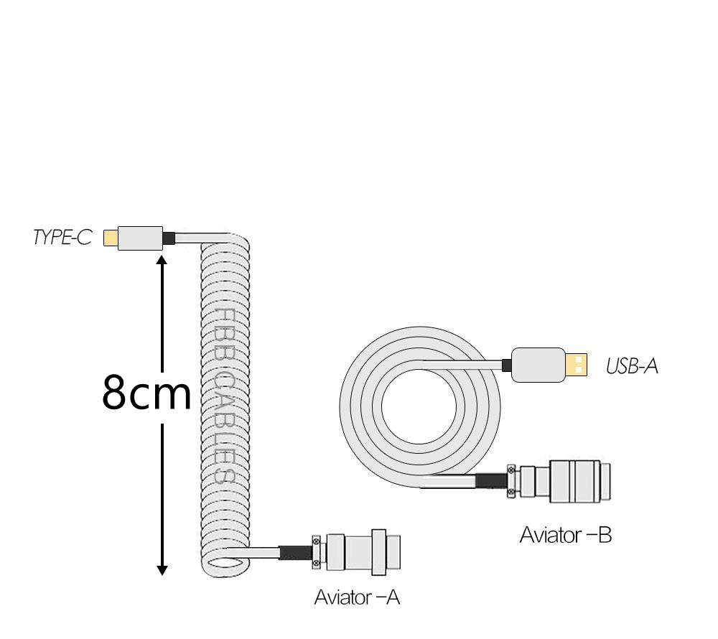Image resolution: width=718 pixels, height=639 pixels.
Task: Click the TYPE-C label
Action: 62,237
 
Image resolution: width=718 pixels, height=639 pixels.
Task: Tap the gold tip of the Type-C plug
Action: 111,238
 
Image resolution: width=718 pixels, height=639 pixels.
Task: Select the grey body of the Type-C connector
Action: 140,238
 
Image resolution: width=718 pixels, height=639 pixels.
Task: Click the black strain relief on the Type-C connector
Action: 169,238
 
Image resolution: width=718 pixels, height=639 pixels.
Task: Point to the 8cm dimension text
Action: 146,392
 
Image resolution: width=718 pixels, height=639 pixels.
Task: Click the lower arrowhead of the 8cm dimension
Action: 162,570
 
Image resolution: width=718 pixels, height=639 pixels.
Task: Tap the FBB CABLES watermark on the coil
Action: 225,396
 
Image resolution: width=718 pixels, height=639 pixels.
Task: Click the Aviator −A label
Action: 357,597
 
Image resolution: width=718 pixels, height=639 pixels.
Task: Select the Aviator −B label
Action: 566,535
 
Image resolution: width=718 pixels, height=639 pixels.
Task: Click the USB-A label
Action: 632,366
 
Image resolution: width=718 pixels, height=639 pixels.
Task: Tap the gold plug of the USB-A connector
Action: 576,365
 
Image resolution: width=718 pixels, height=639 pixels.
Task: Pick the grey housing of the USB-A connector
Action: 538,365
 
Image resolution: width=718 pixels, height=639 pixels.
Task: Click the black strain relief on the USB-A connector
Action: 506,365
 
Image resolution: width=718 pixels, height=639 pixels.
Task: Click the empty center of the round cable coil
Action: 419,406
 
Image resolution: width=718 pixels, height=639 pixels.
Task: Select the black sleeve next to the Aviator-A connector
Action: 295,553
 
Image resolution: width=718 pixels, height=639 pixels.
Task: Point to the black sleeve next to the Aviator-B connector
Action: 491,481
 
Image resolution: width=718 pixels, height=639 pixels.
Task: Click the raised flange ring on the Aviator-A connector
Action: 378,552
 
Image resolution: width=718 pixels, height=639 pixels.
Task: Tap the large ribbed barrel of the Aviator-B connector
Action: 574,481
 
